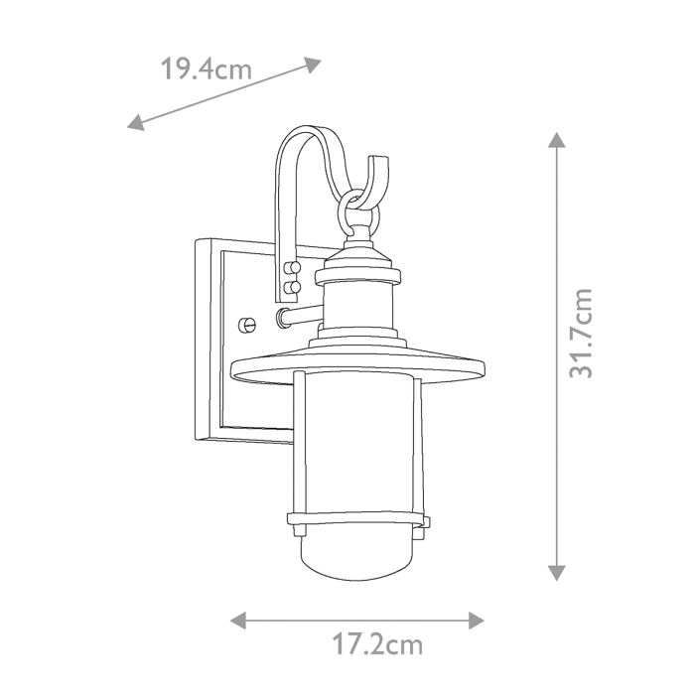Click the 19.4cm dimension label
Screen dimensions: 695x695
[x=206, y=69]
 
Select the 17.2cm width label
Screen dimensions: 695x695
[x=377, y=645]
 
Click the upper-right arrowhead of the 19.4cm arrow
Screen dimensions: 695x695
[x=314, y=65]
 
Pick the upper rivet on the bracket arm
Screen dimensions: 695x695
[x=292, y=268]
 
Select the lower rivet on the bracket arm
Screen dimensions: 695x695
[x=292, y=287]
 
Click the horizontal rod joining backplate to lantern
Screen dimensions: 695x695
[x=295, y=317]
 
